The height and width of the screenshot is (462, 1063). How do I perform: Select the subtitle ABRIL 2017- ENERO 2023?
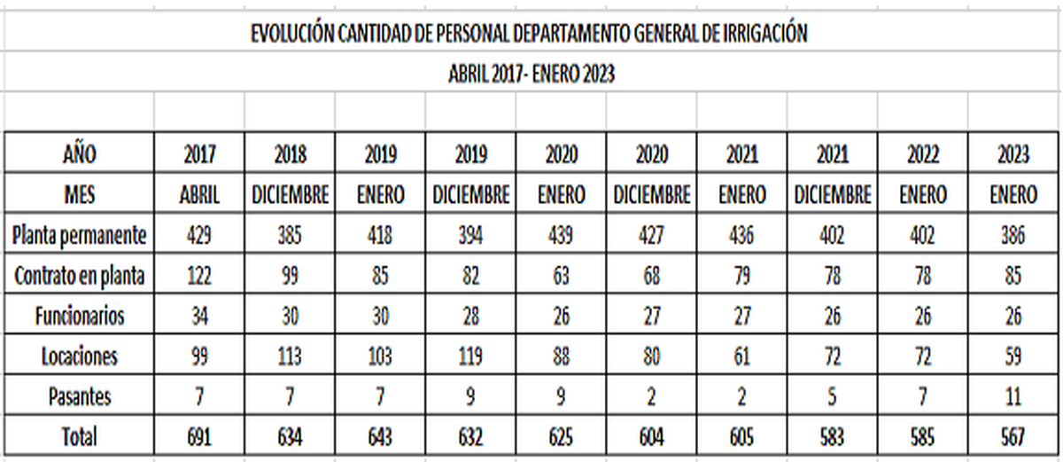pos(531,74)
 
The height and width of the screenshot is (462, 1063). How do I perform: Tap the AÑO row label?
pos(79,154)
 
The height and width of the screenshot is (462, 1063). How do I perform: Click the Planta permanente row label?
pos(79,235)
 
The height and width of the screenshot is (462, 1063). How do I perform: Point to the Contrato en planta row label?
pos(79,276)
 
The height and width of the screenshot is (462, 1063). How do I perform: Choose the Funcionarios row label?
pos(79,316)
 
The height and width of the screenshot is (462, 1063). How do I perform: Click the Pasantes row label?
pos(79,396)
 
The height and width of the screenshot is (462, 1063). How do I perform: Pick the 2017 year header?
pos(200,154)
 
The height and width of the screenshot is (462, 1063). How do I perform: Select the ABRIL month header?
pos(200,194)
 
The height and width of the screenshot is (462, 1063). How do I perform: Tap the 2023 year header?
pos(1013,154)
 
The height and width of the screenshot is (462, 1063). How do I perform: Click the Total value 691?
pos(200,437)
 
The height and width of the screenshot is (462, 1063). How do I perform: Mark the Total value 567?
pos(1013,437)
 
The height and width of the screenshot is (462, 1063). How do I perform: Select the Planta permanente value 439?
pos(562,235)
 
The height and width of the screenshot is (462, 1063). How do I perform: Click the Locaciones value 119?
pos(470,356)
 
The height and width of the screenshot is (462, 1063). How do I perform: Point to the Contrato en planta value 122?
pos(200,276)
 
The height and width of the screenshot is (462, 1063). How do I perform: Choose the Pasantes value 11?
pos(1013,396)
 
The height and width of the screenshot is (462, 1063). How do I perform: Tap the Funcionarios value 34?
pos(200,316)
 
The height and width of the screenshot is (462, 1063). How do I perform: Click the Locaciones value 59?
pos(1013,356)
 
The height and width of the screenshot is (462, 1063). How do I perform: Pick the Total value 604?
pos(652,437)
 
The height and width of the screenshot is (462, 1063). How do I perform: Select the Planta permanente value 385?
pos(291,235)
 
